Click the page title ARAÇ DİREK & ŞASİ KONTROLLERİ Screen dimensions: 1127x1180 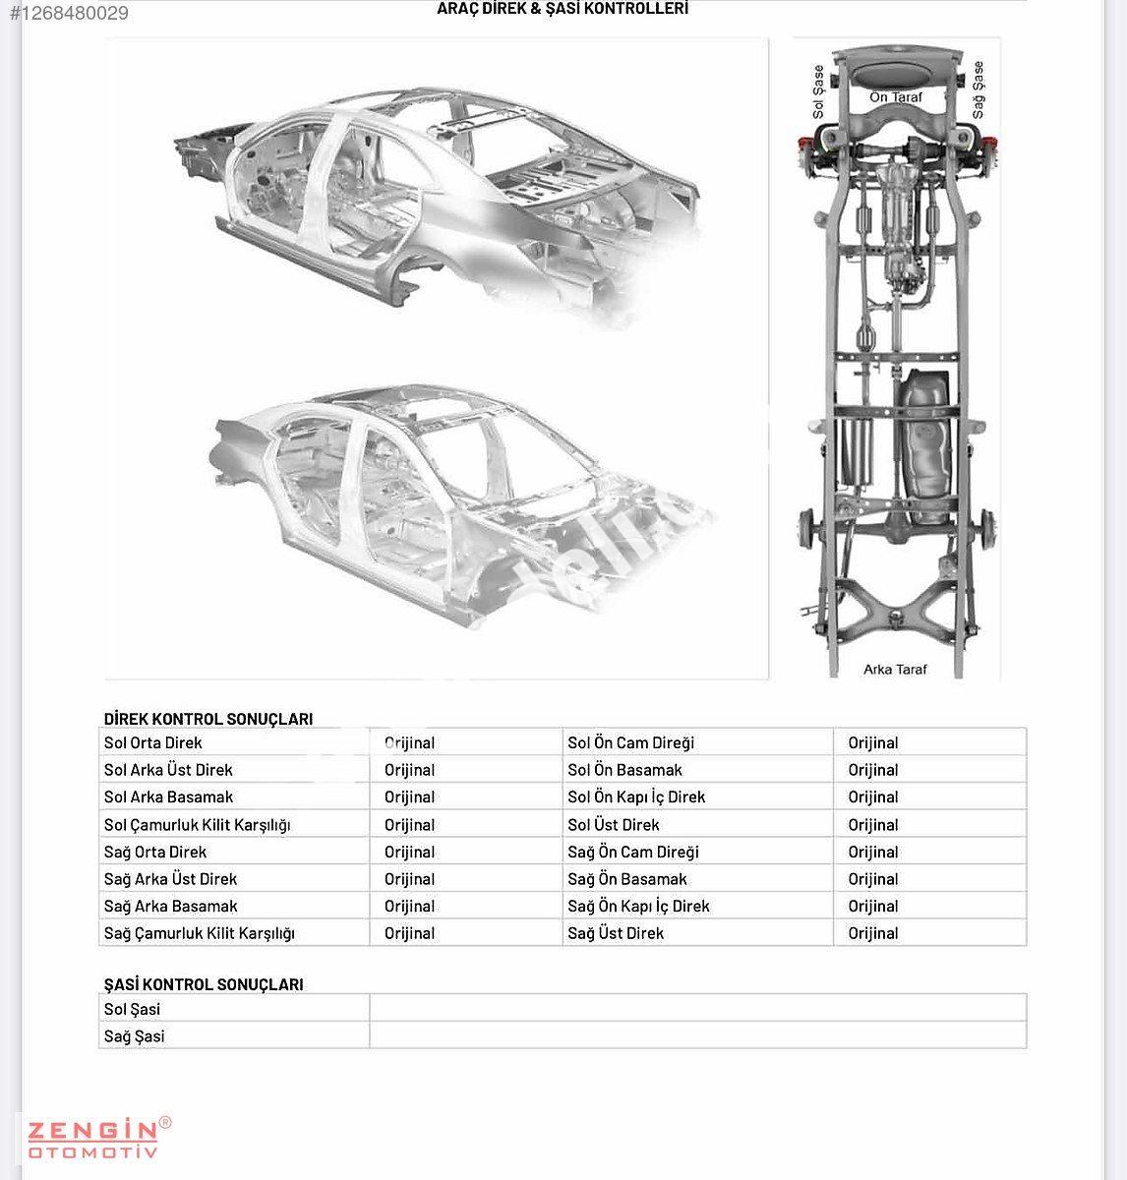563,9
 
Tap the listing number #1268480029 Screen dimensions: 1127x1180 69,14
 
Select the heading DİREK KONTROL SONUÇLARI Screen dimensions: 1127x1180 208,719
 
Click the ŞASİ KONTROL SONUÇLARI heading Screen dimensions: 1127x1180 204,984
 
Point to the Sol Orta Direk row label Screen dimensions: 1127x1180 152,742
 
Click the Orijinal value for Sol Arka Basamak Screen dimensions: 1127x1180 409,796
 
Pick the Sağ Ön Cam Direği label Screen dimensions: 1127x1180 633,852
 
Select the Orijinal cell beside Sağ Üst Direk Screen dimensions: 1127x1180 873,933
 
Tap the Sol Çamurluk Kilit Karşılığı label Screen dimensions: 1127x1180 197,825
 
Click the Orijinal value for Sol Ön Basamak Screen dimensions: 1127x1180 873,770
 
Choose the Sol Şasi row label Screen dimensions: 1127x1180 132,1009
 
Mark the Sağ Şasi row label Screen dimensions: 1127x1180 134,1036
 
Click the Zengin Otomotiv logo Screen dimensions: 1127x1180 97,1138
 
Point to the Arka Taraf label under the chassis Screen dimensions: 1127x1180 895,670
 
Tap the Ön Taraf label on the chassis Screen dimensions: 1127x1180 895,97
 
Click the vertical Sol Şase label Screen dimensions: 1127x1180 818,91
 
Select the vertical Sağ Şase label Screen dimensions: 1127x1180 978,89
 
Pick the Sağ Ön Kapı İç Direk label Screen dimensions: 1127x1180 638,906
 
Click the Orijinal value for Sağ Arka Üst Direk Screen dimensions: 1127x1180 409,879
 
